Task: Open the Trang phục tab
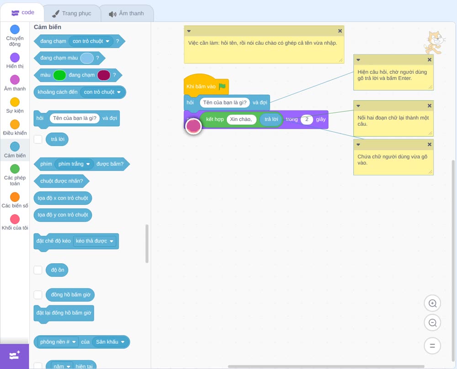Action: tap(72, 13)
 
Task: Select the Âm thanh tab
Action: tap(127, 13)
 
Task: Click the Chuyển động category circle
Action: tap(15, 29)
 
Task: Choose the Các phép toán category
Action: tap(15, 175)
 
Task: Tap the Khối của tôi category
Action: tap(15, 222)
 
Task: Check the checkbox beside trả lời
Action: tap(38, 139)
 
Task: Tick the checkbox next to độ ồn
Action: tap(38, 270)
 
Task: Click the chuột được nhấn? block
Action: tap(62, 181)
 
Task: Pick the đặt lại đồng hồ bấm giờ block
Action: tap(64, 313)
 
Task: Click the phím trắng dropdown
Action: tap(74, 164)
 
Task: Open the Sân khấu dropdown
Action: tap(110, 342)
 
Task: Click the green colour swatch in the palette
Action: tap(59, 75)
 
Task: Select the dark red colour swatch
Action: tap(104, 75)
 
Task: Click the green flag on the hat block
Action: tap(222, 87)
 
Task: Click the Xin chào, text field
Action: tap(241, 119)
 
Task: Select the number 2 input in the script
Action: tap(307, 119)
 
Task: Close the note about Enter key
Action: tap(429, 60)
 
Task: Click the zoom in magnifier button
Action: tap(432, 304)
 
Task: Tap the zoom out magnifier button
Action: tap(432, 323)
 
